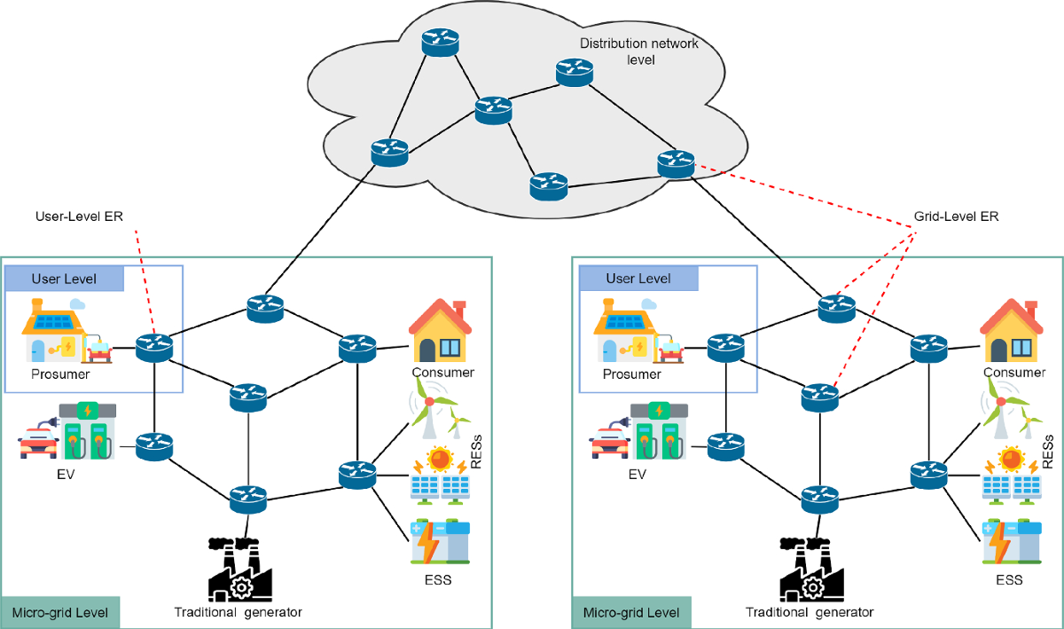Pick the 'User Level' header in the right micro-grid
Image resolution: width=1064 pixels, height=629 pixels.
pos(638,279)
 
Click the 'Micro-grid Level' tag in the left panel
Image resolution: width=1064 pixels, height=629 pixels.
pos(60,613)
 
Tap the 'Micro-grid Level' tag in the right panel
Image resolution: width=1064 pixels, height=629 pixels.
pos(631,613)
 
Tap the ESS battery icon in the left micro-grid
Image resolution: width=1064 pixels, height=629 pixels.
pos(440,542)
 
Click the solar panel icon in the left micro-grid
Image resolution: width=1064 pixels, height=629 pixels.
pos(441,476)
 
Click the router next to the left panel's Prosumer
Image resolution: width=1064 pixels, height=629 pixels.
pos(154,347)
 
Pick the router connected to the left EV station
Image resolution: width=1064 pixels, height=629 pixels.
pos(154,445)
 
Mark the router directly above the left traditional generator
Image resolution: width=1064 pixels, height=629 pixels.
pos(247,499)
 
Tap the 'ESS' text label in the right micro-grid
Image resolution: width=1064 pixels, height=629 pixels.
pos(1009,580)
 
